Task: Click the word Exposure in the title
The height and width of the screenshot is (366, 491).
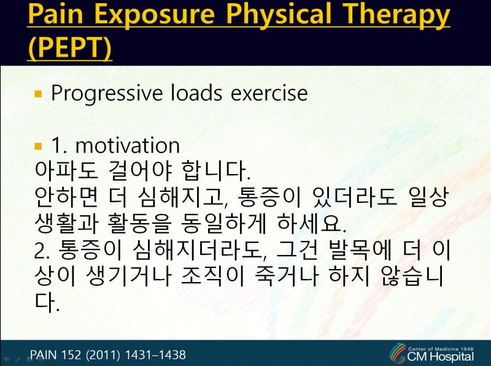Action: (154, 15)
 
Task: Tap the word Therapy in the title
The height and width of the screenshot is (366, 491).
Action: (396, 15)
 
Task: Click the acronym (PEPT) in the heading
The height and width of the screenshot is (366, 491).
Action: (69, 48)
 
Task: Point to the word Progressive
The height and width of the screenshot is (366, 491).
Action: (107, 94)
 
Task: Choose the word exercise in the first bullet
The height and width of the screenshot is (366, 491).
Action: (269, 94)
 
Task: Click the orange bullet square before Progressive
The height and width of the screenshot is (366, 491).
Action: (38, 94)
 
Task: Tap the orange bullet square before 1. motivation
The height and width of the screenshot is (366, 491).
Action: (38, 146)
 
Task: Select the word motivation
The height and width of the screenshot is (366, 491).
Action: (128, 145)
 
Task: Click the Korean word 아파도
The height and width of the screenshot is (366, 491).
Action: (66, 171)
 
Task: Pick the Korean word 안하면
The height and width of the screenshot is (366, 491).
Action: (66, 197)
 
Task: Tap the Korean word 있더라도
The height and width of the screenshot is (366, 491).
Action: (355, 197)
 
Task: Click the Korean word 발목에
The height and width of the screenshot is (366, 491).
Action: (360, 250)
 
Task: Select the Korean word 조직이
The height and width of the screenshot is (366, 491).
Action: (212, 276)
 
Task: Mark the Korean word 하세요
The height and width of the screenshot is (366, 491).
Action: (312, 224)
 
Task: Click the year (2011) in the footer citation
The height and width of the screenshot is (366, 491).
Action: (103, 355)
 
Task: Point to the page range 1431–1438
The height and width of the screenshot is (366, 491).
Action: (155, 355)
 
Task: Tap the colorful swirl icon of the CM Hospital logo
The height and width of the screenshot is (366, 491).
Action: (398, 354)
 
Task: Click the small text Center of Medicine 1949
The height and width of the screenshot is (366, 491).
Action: (441, 349)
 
